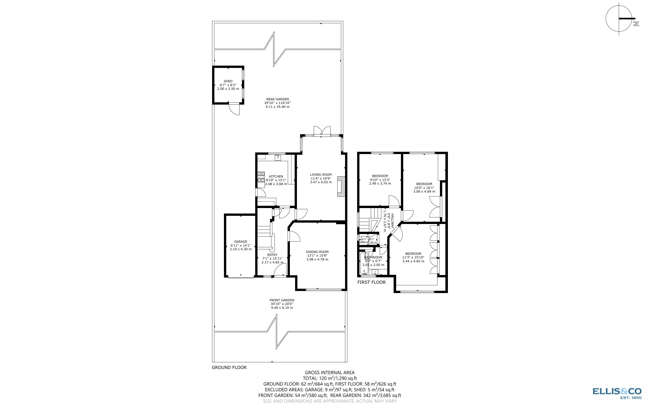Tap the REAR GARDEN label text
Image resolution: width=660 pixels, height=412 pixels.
277,99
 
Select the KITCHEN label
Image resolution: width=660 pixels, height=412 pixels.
276,176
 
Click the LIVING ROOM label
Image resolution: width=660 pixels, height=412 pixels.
321,175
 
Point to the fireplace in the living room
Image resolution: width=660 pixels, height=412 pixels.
341,186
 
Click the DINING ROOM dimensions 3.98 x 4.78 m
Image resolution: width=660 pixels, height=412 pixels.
317,259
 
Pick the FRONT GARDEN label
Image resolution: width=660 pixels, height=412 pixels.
282,300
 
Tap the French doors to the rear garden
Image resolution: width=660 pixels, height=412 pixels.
322,131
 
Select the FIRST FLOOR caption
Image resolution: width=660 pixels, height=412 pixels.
371,282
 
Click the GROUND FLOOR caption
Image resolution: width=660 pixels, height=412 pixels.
229,367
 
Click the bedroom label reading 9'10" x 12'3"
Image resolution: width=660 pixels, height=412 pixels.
380,180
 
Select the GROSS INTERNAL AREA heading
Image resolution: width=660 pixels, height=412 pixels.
329,373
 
